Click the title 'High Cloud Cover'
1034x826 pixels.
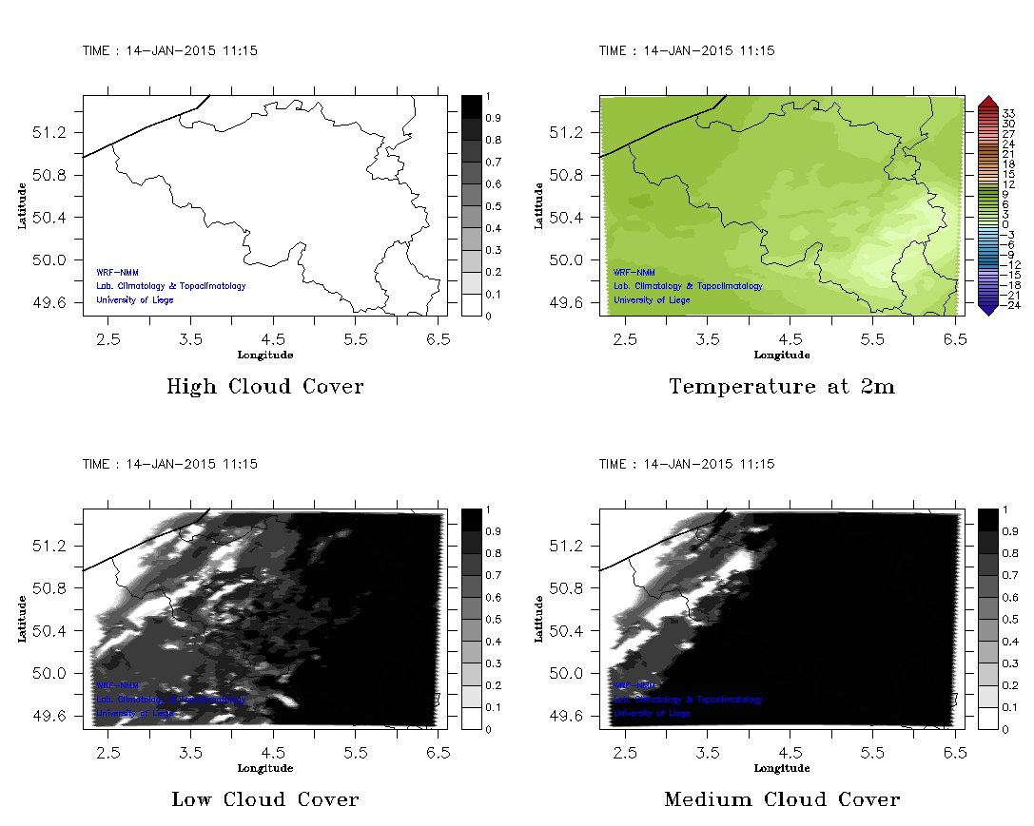264,387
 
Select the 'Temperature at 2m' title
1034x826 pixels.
781,387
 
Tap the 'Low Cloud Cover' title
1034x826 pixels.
264,799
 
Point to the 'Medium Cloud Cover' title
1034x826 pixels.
781,799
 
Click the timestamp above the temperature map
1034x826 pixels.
686,51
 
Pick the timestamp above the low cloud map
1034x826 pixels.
169,465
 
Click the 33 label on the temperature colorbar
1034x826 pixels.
1009,113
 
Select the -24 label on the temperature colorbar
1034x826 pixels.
1008,305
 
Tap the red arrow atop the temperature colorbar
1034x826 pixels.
987,101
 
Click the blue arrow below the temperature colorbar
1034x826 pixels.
987,308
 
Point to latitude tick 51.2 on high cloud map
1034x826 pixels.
56,132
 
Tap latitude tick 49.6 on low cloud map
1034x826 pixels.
56,716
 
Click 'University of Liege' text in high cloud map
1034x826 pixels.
135,300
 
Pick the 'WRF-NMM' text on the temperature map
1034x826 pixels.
634,273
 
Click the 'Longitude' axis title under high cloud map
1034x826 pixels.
264,355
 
